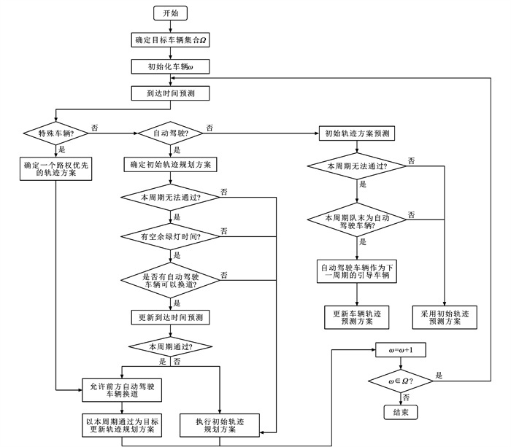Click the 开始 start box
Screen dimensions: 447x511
click(170, 13)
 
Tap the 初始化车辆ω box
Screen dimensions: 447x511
click(170, 66)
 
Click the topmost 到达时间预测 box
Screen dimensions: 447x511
click(170, 93)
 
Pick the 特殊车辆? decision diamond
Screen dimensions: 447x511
click(55, 133)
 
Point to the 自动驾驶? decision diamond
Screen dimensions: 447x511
click(170, 133)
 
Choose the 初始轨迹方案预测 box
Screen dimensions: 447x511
click(356, 133)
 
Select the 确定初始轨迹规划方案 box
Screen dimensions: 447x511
click(170, 165)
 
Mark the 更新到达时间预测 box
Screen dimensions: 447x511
click(170, 317)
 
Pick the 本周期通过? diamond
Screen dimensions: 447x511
click(170, 345)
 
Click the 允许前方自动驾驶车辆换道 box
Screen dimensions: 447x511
click(121, 389)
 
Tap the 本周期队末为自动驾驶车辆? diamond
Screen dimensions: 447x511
click(356, 220)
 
